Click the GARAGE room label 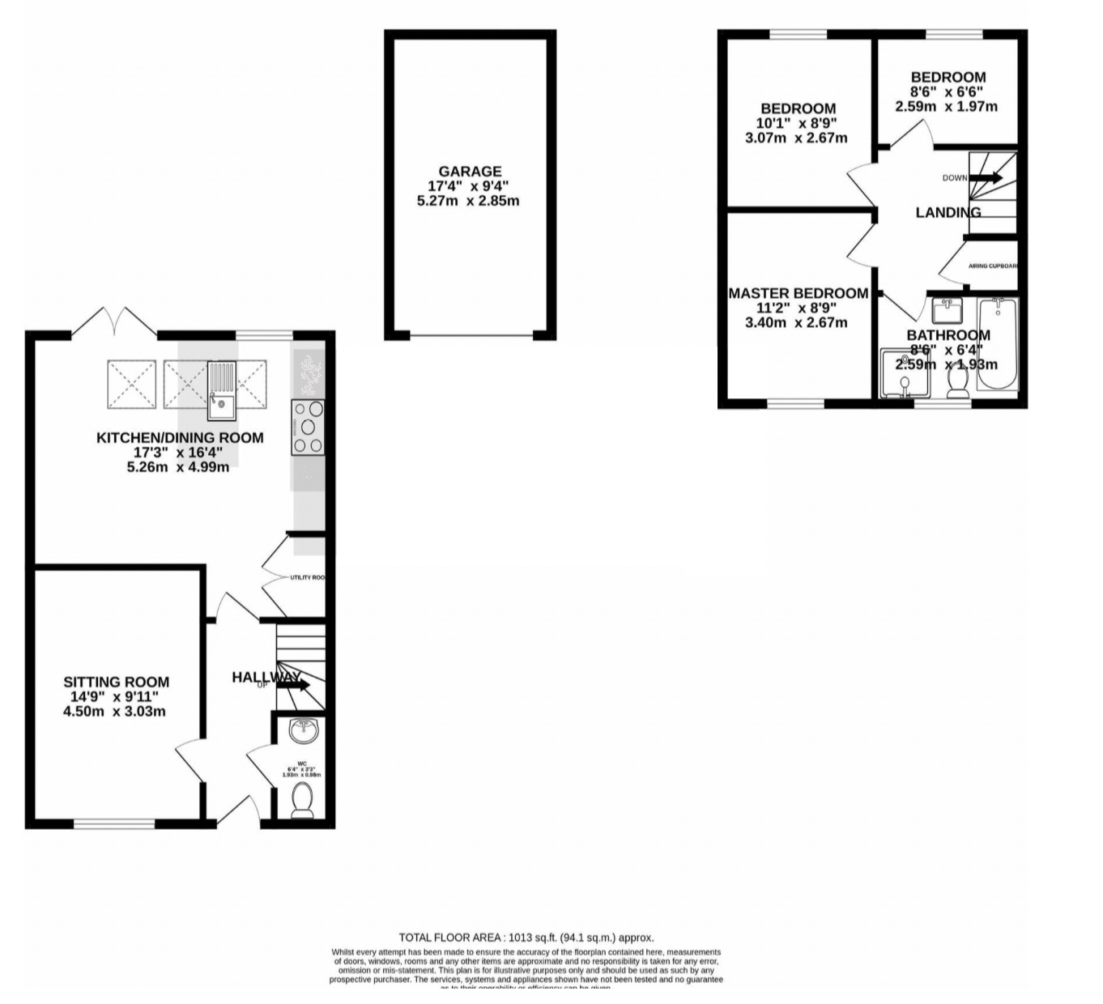pyautogui.click(x=470, y=172)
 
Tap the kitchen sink pyautogui.click(x=221, y=391)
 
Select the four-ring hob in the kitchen pyautogui.click(x=309, y=427)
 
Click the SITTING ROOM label pyautogui.click(x=117, y=682)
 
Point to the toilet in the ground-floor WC pyautogui.click(x=303, y=799)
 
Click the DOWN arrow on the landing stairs pyautogui.click(x=986, y=178)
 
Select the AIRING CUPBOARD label pyautogui.click(x=992, y=266)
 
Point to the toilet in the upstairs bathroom pyautogui.click(x=958, y=381)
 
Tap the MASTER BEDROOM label pyautogui.click(x=798, y=293)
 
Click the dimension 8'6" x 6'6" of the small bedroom pyautogui.click(x=947, y=92)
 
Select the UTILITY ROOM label pyautogui.click(x=307, y=577)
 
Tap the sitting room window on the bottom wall pyautogui.click(x=114, y=824)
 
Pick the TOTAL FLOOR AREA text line pyautogui.click(x=526, y=938)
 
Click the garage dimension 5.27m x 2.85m pyautogui.click(x=468, y=201)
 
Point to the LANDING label pyautogui.click(x=948, y=212)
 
